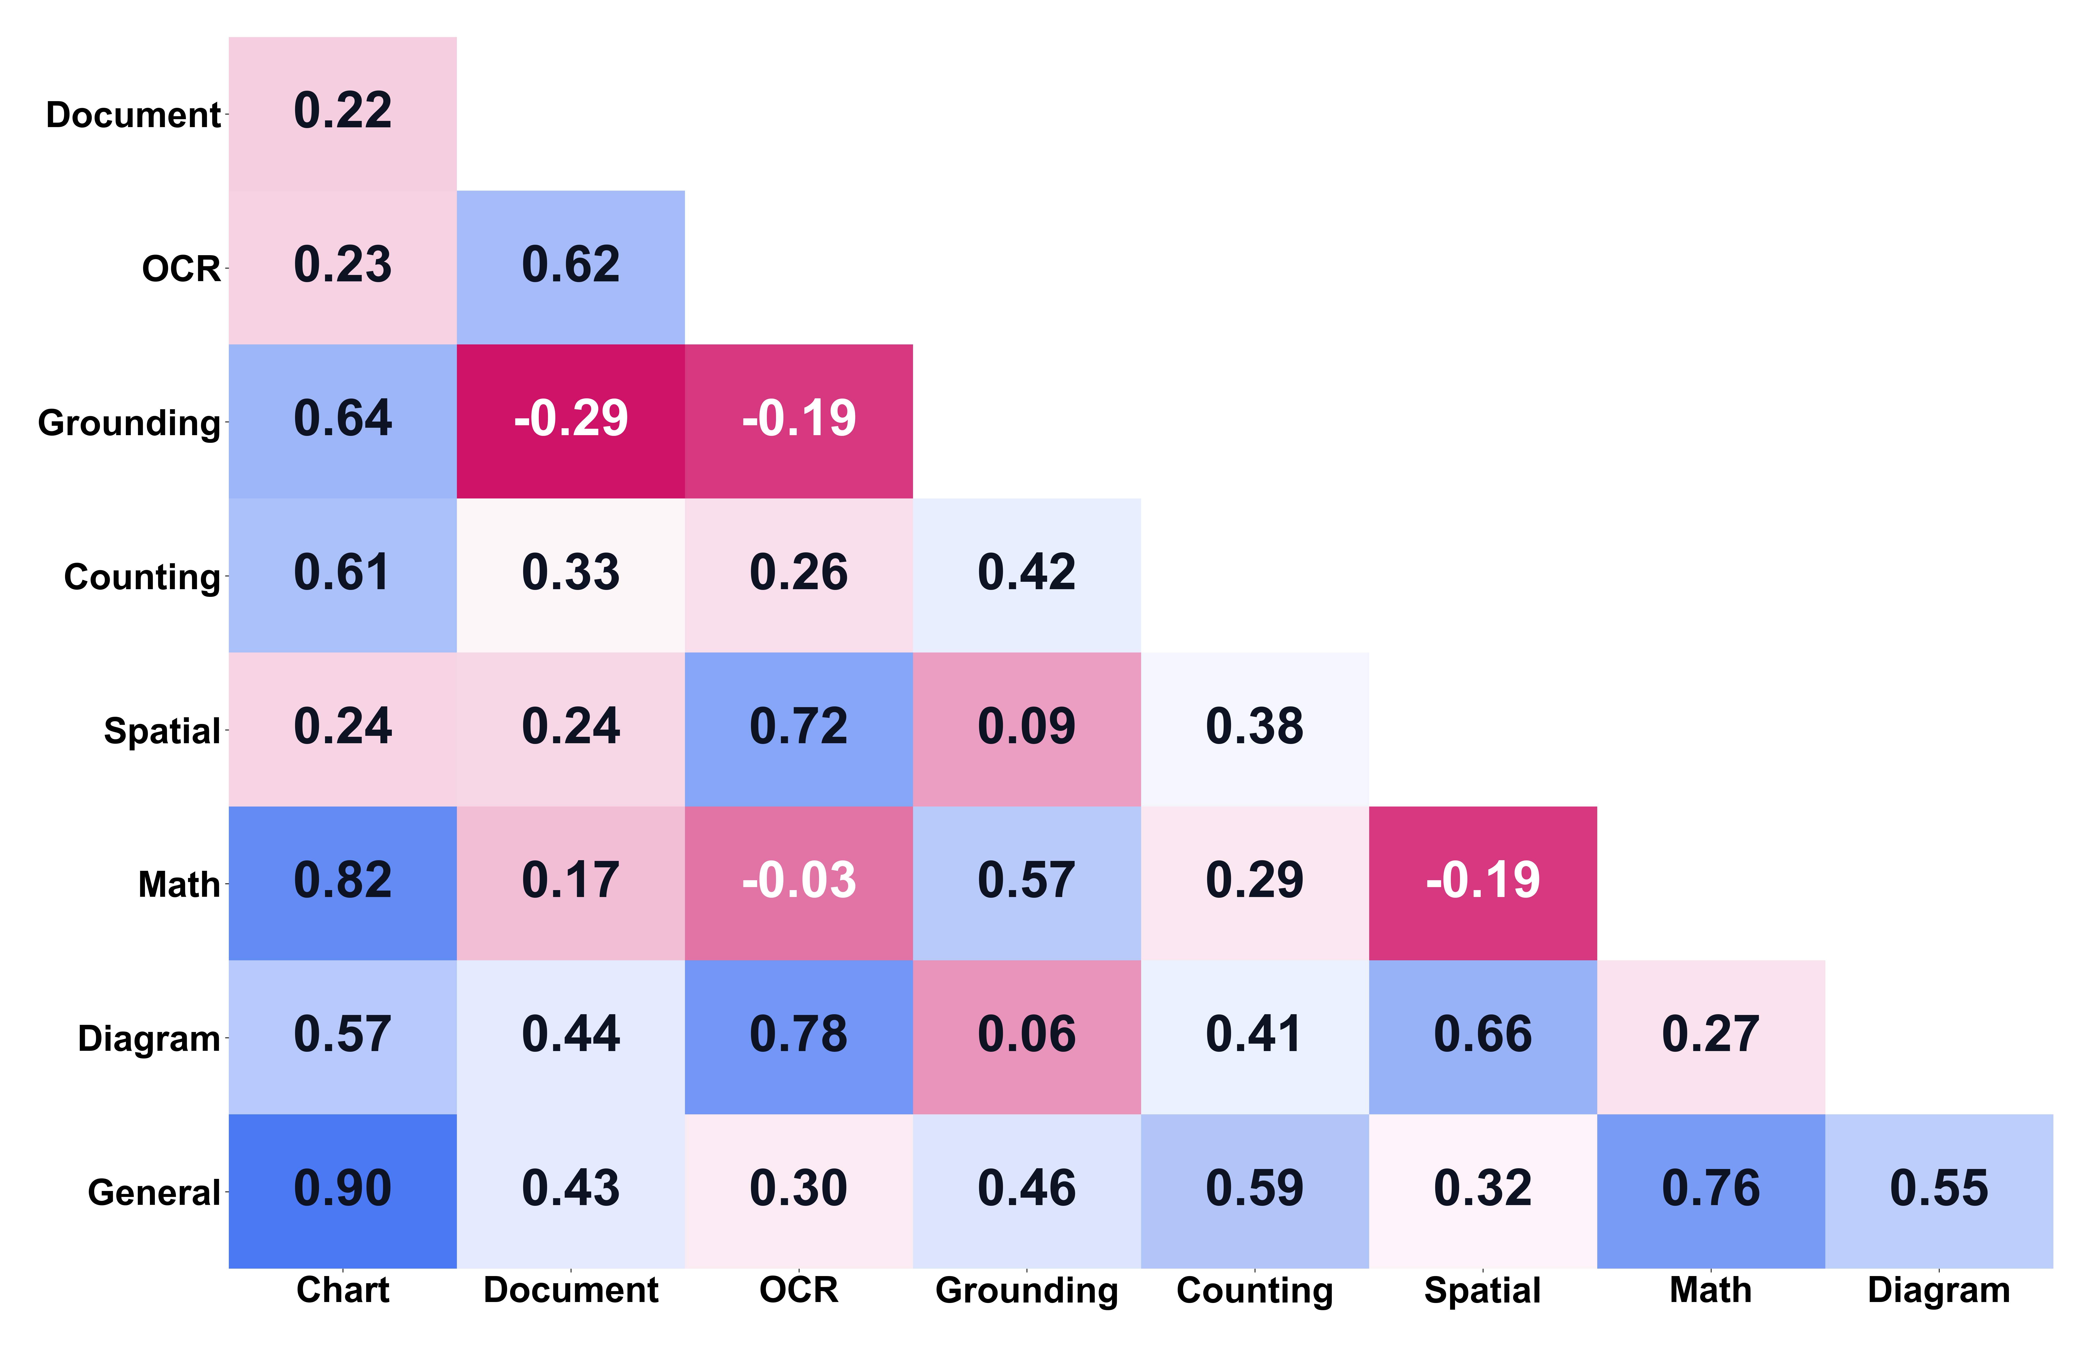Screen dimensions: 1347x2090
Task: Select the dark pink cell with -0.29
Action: click(x=570, y=420)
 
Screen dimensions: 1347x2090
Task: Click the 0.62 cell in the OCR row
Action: click(x=570, y=266)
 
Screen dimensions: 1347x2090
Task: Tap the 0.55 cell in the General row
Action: click(x=1939, y=1190)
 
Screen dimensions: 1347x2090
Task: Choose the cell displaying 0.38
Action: click(x=1255, y=728)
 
